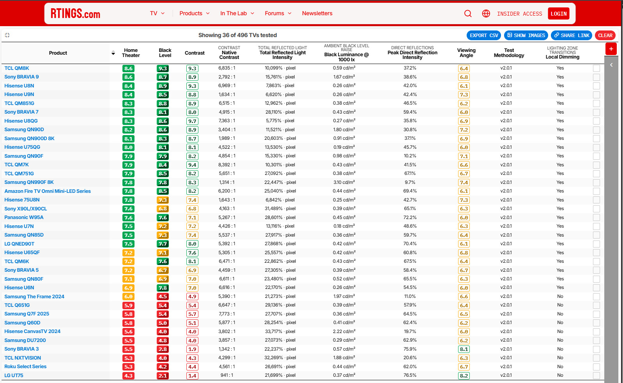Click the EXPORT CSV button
click(484, 36)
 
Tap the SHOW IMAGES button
click(526, 36)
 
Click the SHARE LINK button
click(572, 36)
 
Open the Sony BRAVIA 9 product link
click(21, 77)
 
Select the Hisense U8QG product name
click(21, 121)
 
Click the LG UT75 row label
click(14, 376)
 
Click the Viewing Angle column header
click(466, 53)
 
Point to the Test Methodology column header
click(509, 53)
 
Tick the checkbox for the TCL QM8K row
click(596, 68)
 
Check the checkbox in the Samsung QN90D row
click(596, 130)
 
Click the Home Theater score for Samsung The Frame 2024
click(128, 297)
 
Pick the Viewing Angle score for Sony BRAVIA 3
click(464, 349)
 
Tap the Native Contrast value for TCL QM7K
click(227, 165)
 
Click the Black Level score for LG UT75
click(163, 376)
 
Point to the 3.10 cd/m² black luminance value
click(344, 182)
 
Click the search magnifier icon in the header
click(468, 13)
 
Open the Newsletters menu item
click(317, 13)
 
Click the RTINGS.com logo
click(75, 13)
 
